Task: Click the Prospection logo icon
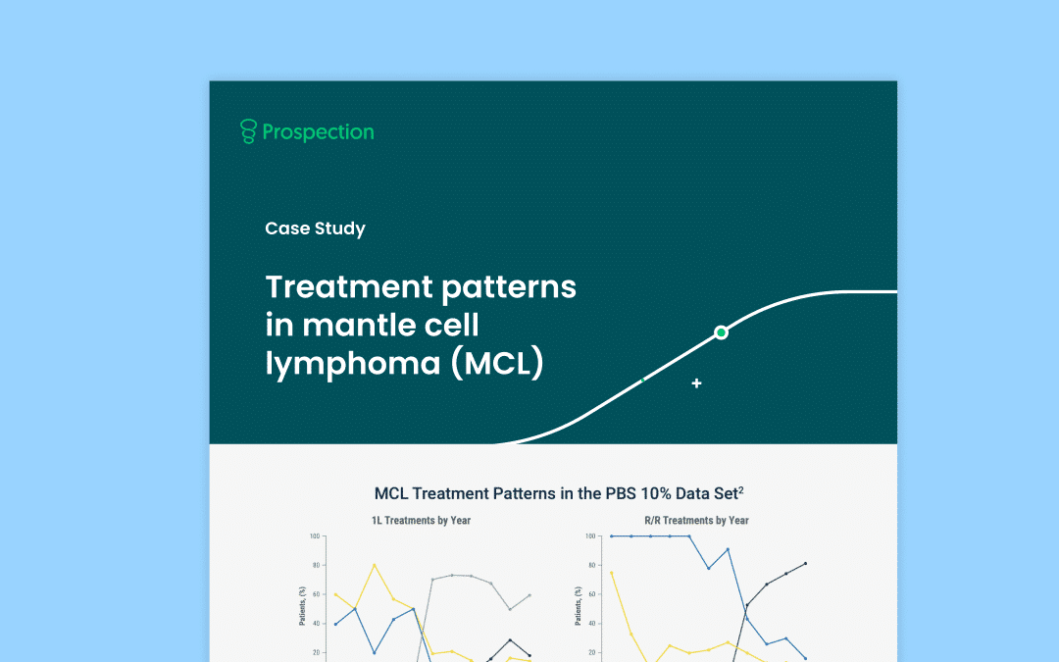pos(248,131)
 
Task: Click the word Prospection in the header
pos(318,132)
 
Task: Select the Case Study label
pos(315,229)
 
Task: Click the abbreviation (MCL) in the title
pos(498,364)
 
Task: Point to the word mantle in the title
pos(358,325)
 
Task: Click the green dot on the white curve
pos(722,332)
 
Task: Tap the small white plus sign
pos(696,383)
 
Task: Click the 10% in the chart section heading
pos(656,493)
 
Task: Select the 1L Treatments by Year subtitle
pos(421,520)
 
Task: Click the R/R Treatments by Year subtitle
pos(696,520)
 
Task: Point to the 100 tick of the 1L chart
pos(315,536)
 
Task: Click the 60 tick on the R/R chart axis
pos(592,594)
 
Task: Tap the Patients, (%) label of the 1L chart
pos(303,606)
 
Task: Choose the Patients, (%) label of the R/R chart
pos(579,606)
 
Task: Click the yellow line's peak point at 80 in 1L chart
pos(375,566)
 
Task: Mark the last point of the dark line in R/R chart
pos(805,563)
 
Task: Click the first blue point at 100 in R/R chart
pos(612,536)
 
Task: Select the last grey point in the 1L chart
pos(529,595)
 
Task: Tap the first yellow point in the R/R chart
pos(612,573)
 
